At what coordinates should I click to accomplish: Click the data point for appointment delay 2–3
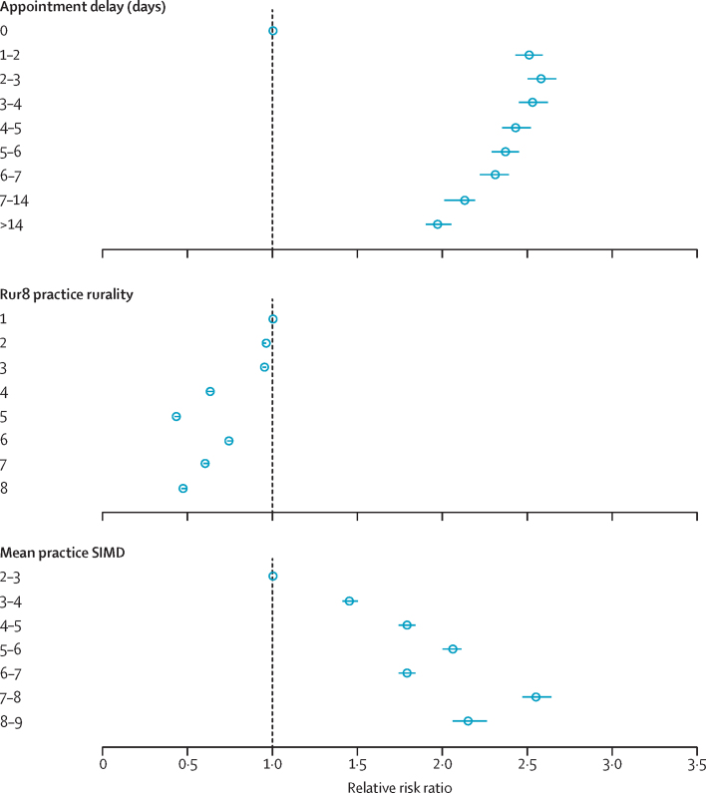[x=541, y=79]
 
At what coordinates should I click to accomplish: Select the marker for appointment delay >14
[x=438, y=224]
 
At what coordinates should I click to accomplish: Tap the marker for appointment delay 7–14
[x=465, y=200]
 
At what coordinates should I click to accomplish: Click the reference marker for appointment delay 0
[x=272, y=31]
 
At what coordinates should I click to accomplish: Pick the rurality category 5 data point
[x=176, y=416]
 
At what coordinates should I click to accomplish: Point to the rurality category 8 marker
[x=183, y=489]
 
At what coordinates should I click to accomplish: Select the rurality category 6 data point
[x=229, y=441]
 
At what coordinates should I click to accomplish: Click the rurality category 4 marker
[x=210, y=392]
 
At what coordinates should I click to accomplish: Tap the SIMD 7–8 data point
[x=536, y=697]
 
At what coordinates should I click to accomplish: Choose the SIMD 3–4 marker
[x=350, y=601]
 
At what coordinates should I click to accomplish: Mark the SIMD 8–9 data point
[x=469, y=721]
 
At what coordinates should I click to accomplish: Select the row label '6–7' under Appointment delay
[x=13, y=176]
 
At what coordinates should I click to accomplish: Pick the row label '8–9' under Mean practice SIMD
[x=13, y=721]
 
